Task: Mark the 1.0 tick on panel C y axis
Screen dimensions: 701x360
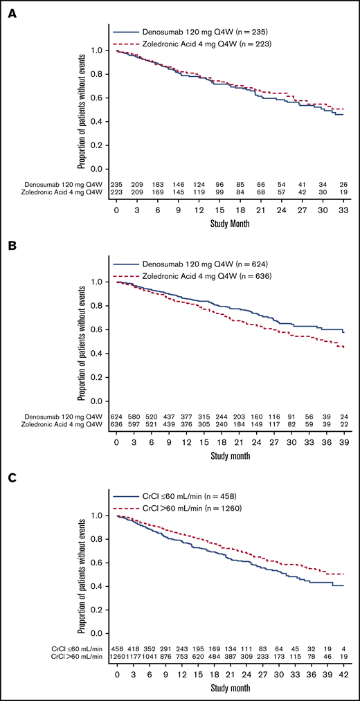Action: tap(102, 516)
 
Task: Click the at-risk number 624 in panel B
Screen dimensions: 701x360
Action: tap(116, 415)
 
